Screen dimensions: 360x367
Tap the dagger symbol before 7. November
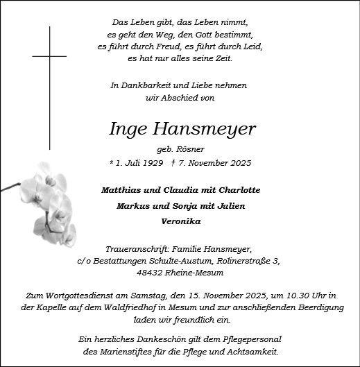pyautogui.click(x=172, y=164)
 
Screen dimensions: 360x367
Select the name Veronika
pyautogui.click(x=180, y=221)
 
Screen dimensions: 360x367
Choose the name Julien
pyautogui.click(x=230, y=205)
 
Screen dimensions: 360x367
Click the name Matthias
pyautogui.click(x=122, y=190)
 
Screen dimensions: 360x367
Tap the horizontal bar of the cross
pyautogui.click(x=49, y=56)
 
